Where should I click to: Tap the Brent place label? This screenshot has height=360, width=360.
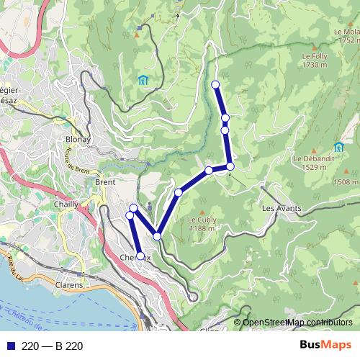[105, 183]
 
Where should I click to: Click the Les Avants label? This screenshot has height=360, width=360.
[281, 208]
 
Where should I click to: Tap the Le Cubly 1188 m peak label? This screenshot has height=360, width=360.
[201, 223]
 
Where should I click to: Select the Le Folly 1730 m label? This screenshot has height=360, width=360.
[315, 60]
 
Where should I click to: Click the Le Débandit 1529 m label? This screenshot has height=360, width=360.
[310, 162]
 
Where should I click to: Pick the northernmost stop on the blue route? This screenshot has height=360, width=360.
[215, 85]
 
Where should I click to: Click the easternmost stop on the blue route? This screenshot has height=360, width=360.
[230, 166]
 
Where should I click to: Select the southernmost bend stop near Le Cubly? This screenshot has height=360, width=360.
[157, 235]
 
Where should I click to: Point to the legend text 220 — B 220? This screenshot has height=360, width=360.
[53, 346]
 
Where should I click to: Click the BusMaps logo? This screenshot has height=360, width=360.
[325, 346]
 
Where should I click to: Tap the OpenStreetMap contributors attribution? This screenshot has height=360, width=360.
[297, 322]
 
